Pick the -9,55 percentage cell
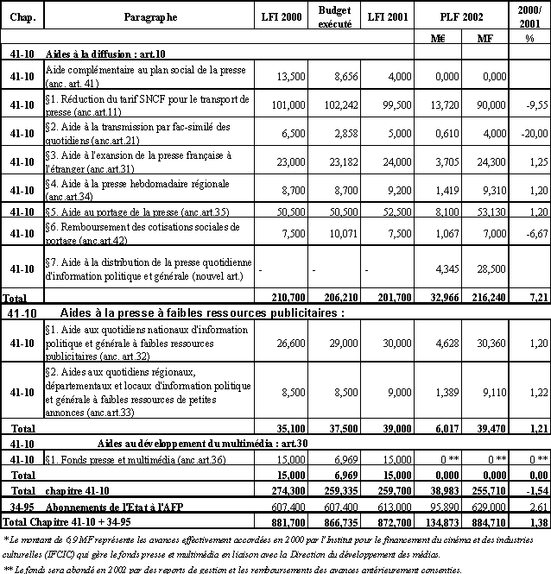[x=530, y=104]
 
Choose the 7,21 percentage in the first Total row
[x=532, y=295]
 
